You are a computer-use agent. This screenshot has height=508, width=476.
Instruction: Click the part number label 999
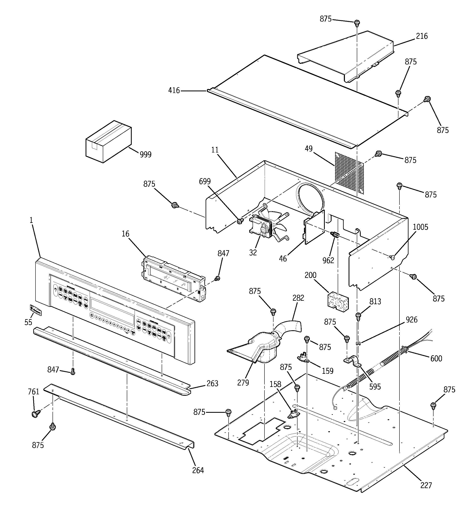[145, 154]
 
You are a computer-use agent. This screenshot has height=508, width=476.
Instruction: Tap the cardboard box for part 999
[108, 142]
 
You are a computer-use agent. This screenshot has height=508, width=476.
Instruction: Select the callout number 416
[174, 91]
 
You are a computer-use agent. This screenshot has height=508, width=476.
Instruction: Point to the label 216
[422, 36]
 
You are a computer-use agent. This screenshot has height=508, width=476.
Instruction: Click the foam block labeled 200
[338, 302]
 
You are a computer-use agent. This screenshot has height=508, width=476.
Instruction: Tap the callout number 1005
[421, 227]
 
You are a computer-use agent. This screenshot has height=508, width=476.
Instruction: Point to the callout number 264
[198, 470]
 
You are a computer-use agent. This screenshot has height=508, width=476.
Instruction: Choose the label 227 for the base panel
[426, 485]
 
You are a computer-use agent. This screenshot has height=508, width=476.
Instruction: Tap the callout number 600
[436, 359]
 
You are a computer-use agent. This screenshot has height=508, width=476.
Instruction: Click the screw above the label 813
[358, 316]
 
